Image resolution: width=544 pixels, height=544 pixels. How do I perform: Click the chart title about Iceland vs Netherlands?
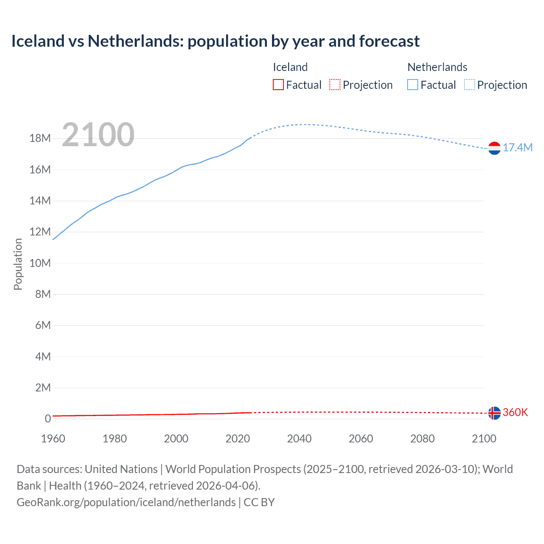[215, 41]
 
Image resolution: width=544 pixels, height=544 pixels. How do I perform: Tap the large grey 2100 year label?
[98, 135]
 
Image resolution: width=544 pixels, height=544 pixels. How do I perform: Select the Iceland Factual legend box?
[278, 85]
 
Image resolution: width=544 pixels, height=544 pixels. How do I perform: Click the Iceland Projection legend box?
[335, 85]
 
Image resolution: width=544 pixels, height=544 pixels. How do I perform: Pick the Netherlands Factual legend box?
[413, 85]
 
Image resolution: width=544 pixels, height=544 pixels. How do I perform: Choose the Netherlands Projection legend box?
[469, 85]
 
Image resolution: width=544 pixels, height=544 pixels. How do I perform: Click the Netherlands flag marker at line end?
[494, 148]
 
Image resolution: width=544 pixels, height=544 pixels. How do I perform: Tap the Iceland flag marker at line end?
[494, 413]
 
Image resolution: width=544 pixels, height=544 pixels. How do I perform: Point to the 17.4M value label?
[517, 147]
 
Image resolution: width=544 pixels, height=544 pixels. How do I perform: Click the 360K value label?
[515, 412]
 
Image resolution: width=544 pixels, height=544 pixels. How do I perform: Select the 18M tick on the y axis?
[40, 139]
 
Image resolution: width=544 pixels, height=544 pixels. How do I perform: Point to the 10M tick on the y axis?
[40, 263]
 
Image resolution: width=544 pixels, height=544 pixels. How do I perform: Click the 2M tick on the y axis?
[43, 388]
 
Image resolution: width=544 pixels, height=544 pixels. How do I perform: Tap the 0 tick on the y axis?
[48, 419]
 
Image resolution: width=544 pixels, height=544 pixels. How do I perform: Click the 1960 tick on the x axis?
[53, 439]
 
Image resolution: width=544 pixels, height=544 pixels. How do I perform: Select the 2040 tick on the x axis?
[299, 439]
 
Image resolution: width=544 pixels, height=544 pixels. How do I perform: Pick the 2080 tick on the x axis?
[422, 439]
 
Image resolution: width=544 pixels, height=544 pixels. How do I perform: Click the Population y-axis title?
[18, 264]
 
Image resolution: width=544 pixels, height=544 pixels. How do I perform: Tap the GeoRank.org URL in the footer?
[126, 502]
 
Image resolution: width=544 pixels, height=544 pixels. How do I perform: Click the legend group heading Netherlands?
[437, 67]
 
